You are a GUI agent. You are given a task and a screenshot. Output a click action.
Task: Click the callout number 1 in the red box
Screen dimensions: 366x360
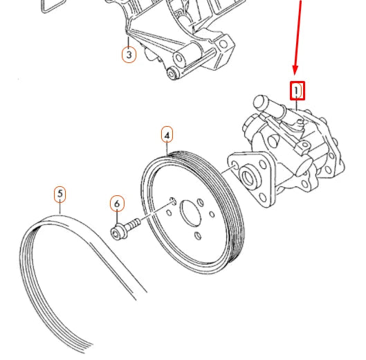pyautogui.click(x=296, y=91)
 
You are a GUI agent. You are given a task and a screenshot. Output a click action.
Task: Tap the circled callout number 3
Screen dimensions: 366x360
pyautogui.click(x=129, y=55)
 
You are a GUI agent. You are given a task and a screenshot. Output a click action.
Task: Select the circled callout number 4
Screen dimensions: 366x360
pyautogui.click(x=167, y=135)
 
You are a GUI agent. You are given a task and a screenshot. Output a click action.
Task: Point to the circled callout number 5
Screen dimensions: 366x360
pyautogui.click(x=60, y=194)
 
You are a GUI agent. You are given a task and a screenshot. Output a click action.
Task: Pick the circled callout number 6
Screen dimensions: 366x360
pyautogui.click(x=117, y=204)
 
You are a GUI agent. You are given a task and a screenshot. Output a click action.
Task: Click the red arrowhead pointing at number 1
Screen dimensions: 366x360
pyautogui.click(x=295, y=70)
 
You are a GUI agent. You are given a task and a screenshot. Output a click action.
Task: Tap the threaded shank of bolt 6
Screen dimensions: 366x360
pyautogui.click(x=133, y=224)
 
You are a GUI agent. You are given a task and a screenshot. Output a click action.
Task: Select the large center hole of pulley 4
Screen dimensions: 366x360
pyautogui.click(x=190, y=213)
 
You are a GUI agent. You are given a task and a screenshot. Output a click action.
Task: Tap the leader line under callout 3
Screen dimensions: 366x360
pyautogui.click(x=129, y=42)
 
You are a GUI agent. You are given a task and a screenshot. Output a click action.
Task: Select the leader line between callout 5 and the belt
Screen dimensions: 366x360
pyautogui.click(x=60, y=208)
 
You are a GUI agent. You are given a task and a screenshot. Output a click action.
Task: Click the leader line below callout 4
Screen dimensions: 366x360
pyautogui.click(x=167, y=149)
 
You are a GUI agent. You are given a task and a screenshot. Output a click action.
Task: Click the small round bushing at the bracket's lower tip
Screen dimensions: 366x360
pyautogui.click(x=173, y=73)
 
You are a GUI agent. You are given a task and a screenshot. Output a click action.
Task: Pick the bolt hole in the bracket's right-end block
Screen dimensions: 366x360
pyautogui.click(x=223, y=44)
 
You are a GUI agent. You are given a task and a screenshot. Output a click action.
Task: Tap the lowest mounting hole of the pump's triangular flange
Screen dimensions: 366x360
pyautogui.click(x=263, y=197)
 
